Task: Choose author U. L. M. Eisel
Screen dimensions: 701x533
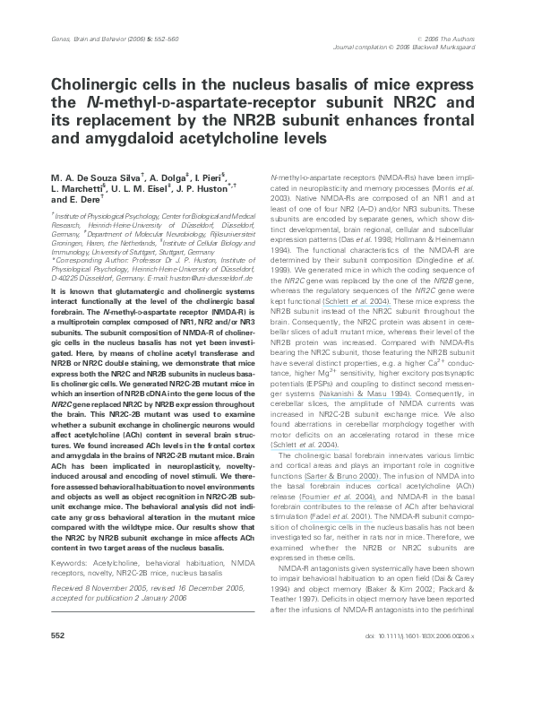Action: (145, 193)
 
